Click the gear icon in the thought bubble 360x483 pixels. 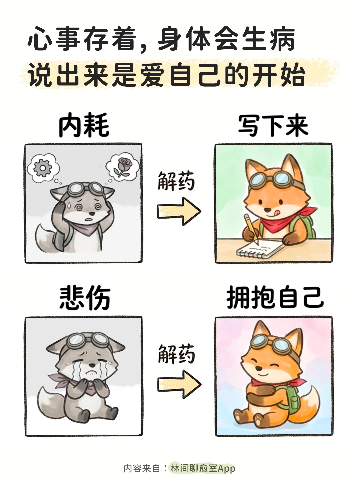43,168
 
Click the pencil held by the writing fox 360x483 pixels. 251,229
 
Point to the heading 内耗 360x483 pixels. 84,125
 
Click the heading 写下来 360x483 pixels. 273,126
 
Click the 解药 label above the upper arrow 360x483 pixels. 176,181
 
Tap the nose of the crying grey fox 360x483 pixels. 93,365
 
